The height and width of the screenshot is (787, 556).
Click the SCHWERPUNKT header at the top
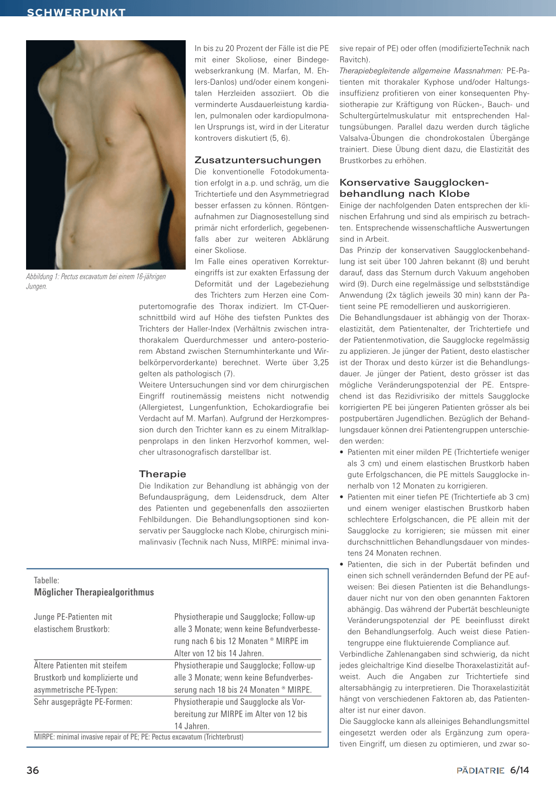click(76, 12)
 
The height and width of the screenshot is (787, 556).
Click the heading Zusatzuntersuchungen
click(257, 160)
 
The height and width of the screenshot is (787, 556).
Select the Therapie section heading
click(162, 474)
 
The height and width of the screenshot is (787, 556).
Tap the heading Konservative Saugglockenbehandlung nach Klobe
click(414, 188)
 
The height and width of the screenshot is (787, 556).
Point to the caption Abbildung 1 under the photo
click(96, 281)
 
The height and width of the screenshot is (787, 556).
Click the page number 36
click(33, 770)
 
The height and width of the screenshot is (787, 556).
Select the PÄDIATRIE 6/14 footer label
click(492, 770)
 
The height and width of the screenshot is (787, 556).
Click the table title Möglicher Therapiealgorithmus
click(94, 592)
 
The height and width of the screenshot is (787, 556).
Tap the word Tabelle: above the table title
click(47, 580)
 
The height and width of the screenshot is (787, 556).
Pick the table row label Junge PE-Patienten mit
click(73, 617)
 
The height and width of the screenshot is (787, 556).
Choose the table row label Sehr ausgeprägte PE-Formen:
click(83, 702)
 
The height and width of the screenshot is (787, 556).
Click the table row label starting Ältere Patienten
click(80, 665)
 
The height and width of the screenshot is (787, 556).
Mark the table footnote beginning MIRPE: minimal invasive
click(138, 737)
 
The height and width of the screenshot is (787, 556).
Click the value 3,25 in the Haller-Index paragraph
click(321, 363)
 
